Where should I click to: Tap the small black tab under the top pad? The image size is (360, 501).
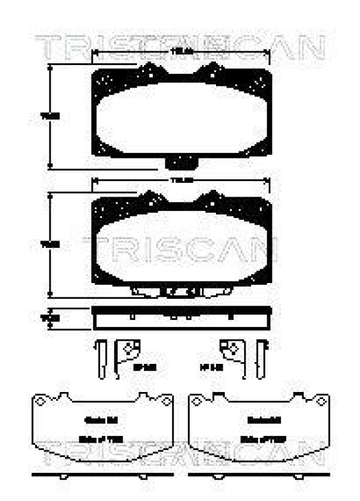pyautogui.click(x=181, y=162)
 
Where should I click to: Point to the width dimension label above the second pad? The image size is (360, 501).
pyautogui.click(x=181, y=180)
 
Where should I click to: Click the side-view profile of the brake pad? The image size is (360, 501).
pyautogui.click(x=181, y=318)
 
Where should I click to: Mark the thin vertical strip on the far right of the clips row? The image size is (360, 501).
pyautogui.click(x=262, y=359)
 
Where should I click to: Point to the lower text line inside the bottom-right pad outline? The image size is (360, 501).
pyautogui.click(x=258, y=438)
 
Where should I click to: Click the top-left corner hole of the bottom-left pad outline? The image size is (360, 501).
pyautogui.click(x=38, y=398)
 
